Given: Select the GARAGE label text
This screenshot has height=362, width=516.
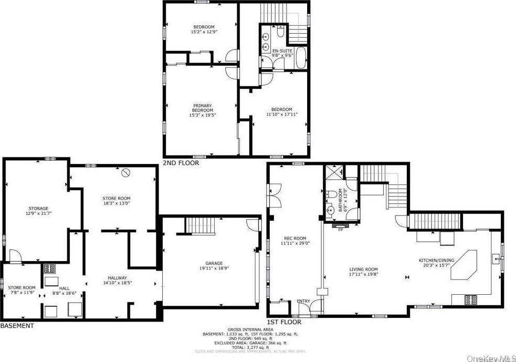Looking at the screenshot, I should point(214,263).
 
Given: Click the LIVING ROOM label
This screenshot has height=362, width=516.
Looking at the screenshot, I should point(364,269).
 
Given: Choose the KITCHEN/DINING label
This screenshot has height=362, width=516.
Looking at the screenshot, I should point(436,261).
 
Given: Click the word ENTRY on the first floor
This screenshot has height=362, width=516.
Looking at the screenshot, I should point(303,301).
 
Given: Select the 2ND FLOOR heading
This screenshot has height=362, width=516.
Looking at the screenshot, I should point(181,163).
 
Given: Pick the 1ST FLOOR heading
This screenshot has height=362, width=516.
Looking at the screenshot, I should point(285,322).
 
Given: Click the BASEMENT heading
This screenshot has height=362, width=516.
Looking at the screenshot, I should point(17,326).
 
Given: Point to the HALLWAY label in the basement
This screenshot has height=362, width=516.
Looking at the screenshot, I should point(114,278).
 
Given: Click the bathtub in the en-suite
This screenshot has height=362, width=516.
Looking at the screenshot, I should point(301,58).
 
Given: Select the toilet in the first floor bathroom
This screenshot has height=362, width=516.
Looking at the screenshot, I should point(331,194).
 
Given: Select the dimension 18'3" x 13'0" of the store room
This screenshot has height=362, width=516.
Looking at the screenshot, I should point(116,203).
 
